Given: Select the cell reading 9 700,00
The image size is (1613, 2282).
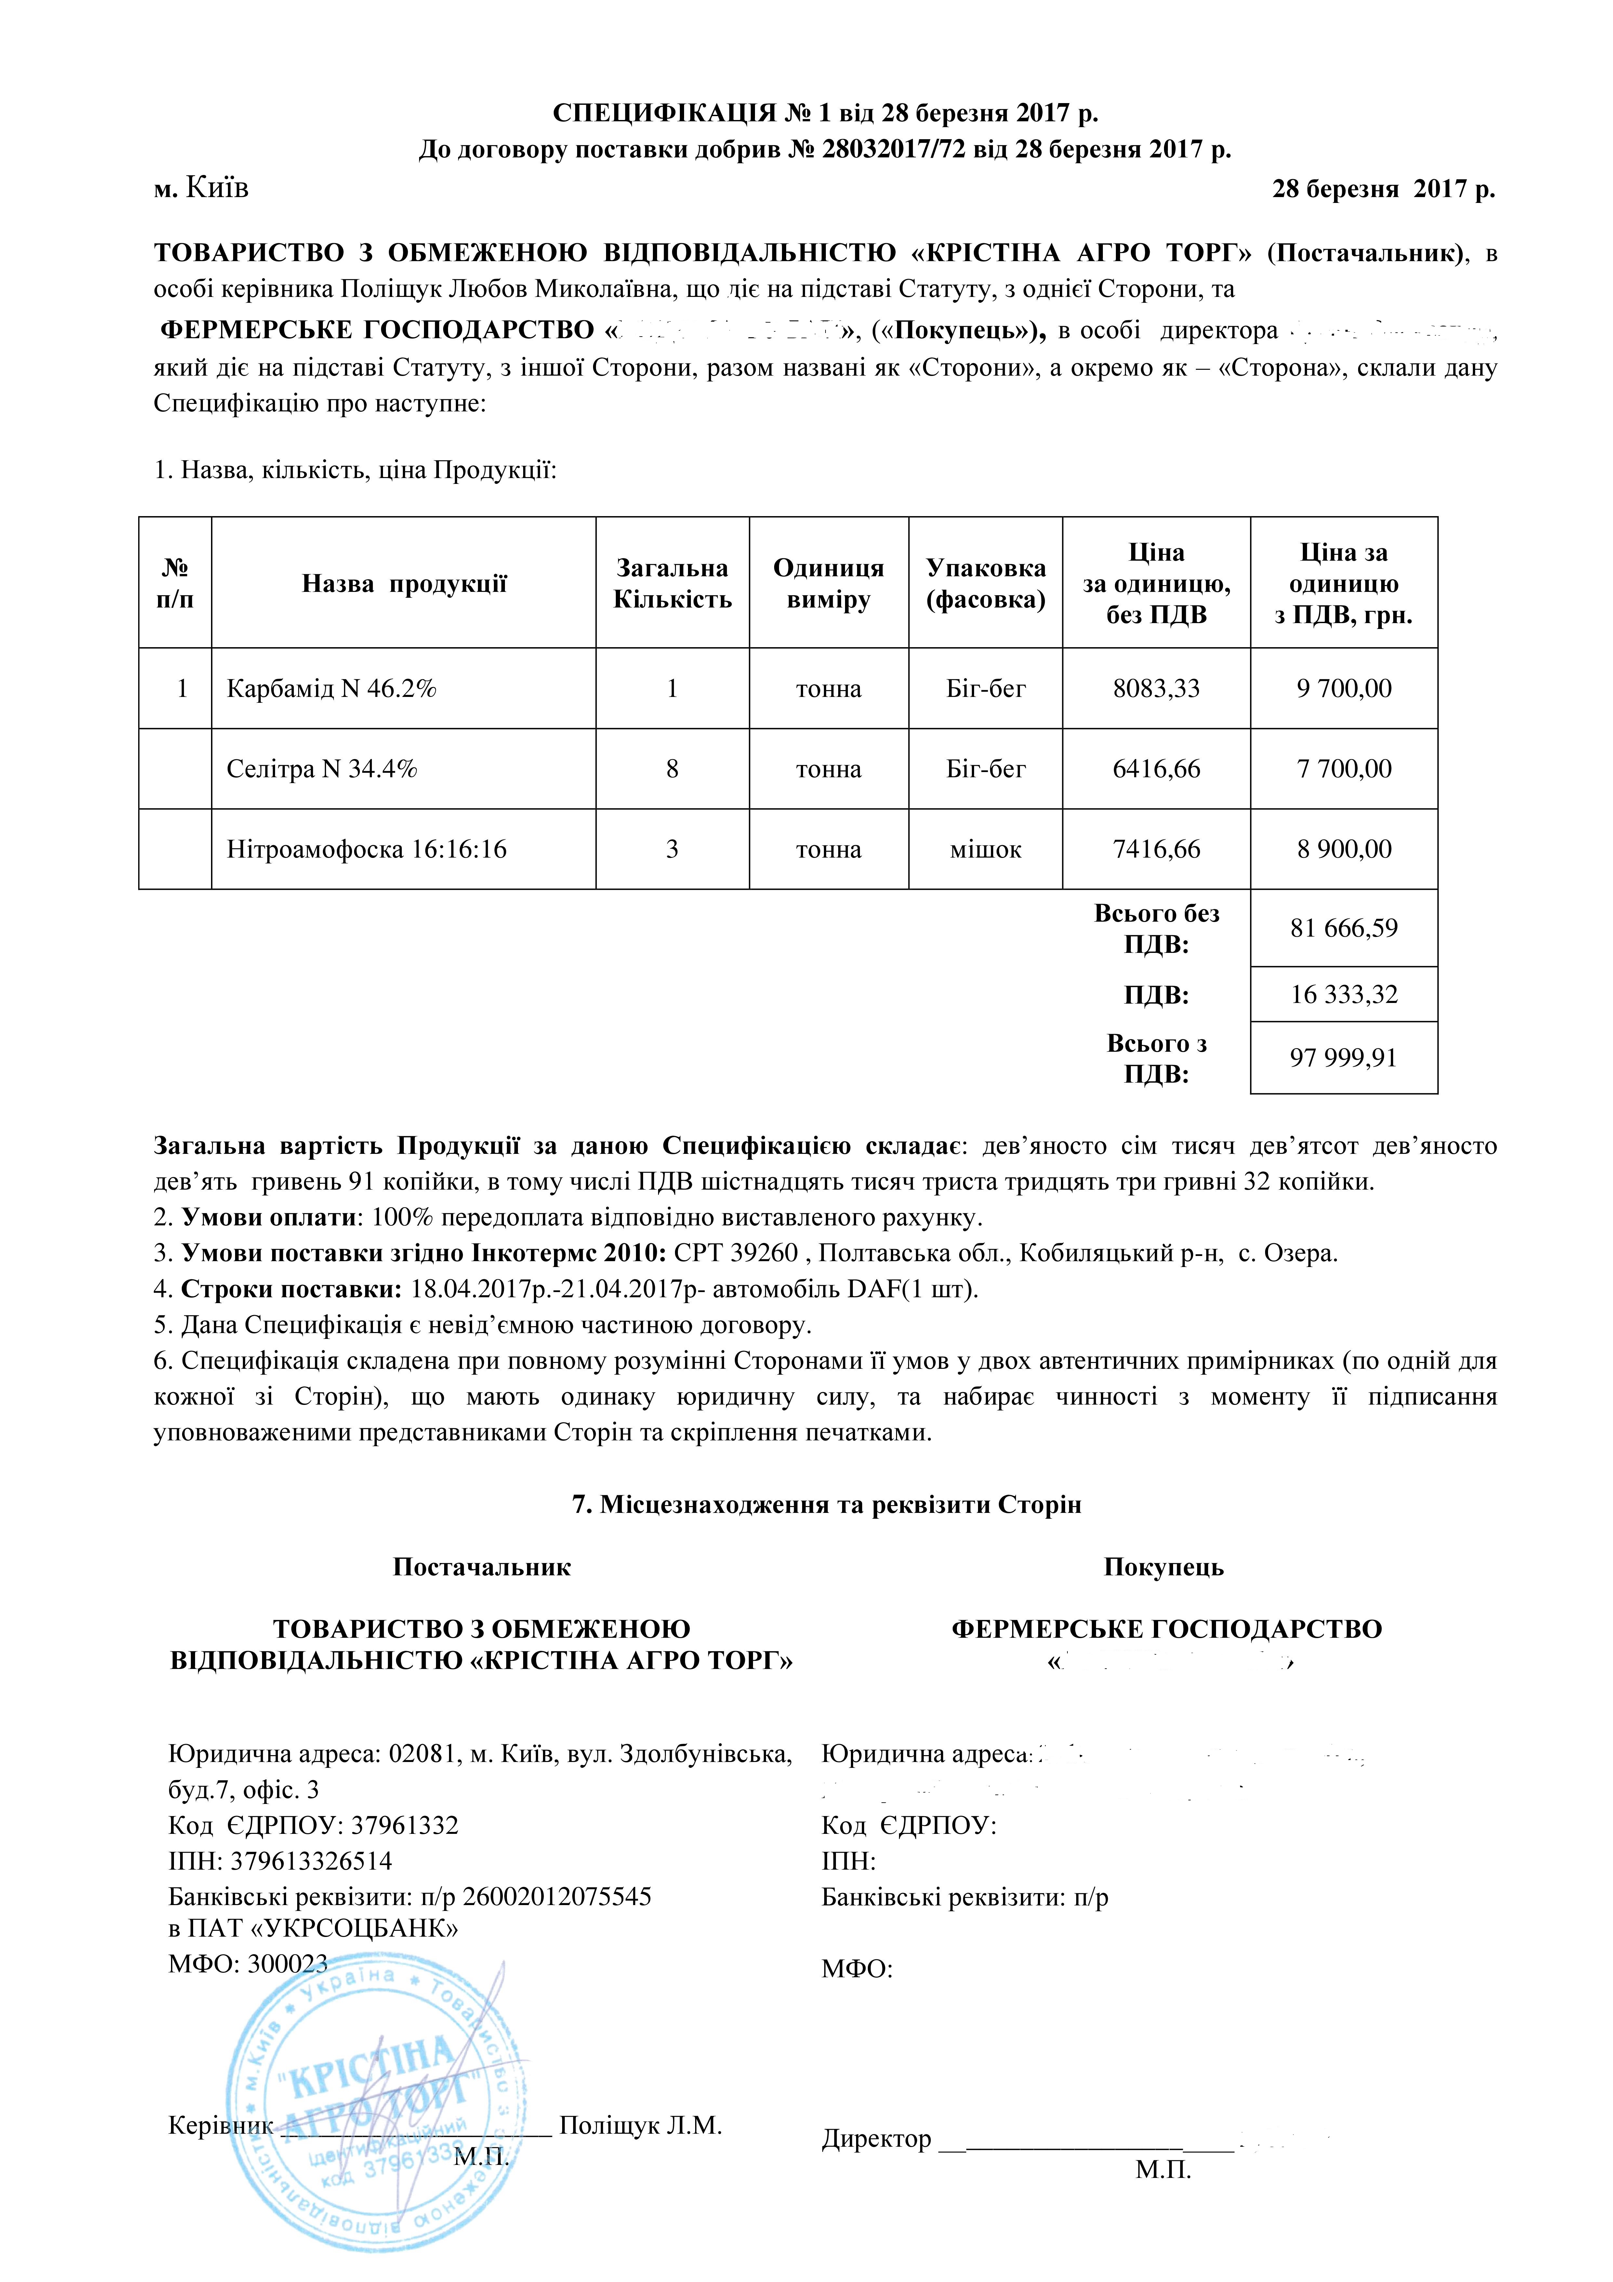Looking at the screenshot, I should pos(1344,689).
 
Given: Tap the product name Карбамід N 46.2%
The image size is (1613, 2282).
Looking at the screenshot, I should pos(332,689).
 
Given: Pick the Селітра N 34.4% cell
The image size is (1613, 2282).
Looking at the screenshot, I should pos(322,769).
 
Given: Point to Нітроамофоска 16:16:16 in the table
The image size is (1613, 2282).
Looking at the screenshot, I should pos(367,850).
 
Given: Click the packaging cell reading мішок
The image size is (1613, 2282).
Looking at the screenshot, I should pos(985,850).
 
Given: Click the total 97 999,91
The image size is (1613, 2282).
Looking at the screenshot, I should pos(1344,1059).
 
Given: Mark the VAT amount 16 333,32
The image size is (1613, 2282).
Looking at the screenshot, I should pos(1344,995).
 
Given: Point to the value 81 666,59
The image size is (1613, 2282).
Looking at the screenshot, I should pos(1344,928).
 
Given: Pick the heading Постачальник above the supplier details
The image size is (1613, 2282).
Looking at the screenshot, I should pos(482,1568).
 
